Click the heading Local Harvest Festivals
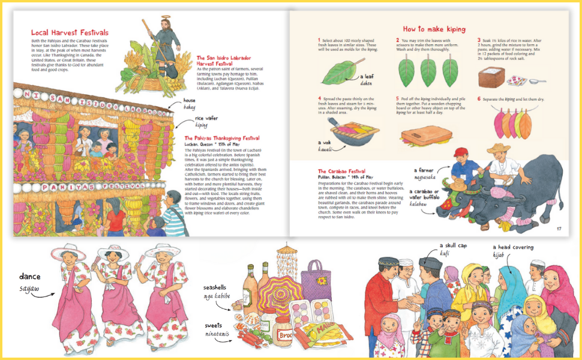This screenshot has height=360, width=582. (x=70, y=32)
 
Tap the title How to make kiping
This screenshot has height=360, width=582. (x=434, y=29)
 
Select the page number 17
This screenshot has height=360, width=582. (x=558, y=228)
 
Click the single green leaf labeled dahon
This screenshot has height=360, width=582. (x=340, y=73)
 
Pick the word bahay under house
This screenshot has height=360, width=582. (x=190, y=106)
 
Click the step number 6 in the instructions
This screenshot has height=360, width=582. (x=479, y=99)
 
